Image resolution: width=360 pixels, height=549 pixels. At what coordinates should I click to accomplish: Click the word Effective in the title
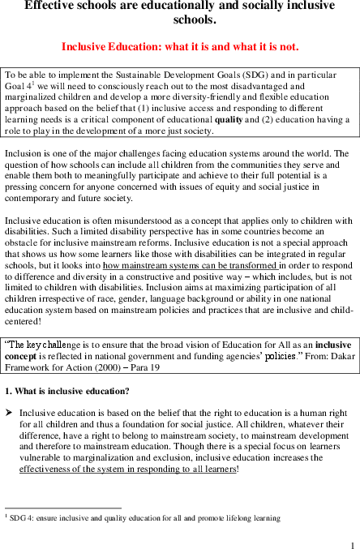(51, 6)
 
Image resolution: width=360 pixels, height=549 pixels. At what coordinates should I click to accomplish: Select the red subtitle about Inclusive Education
(180, 46)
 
